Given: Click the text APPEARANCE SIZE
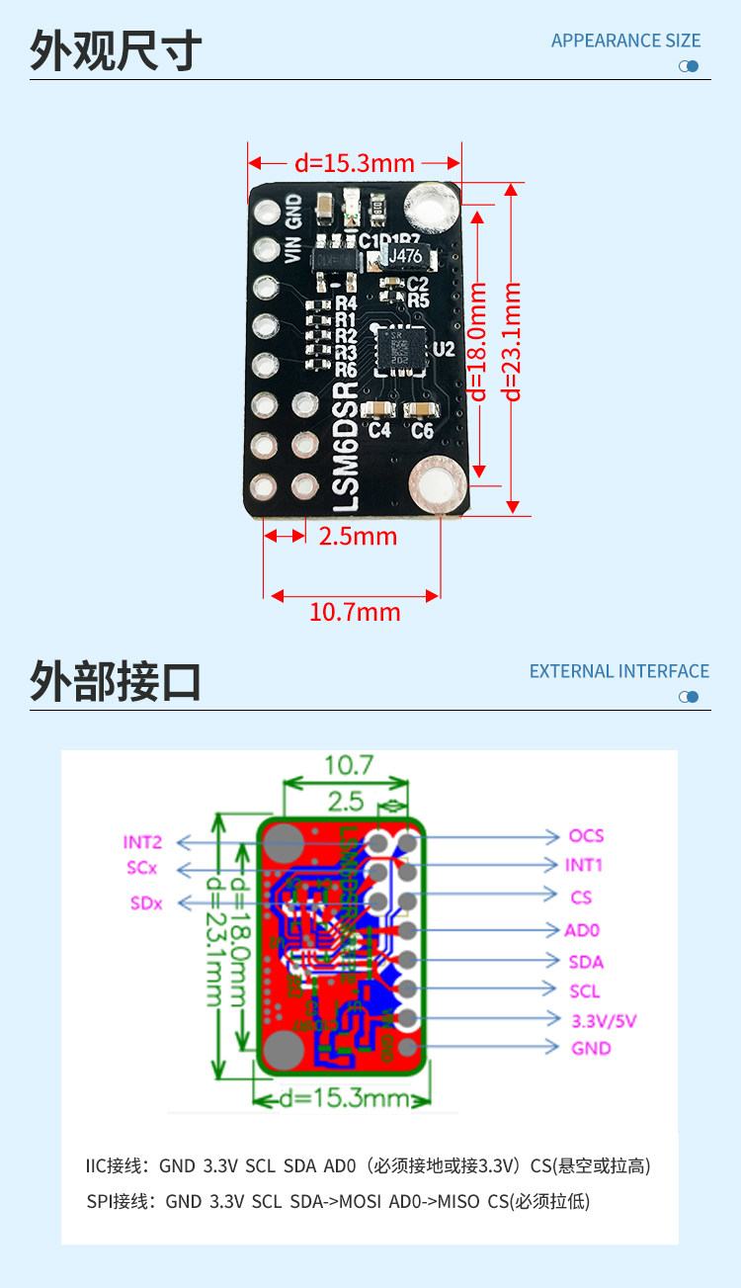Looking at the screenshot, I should click(625, 41).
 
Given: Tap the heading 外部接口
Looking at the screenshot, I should click(116, 681).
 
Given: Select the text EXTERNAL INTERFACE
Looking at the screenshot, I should click(619, 671).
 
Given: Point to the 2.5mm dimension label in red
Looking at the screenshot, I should click(358, 536).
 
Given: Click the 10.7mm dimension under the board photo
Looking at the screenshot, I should click(355, 612).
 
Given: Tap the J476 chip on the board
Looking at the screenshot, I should click(405, 256).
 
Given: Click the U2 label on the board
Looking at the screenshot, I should click(444, 349).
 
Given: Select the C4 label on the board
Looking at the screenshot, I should click(379, 431).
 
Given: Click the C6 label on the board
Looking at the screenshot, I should click(422, 431).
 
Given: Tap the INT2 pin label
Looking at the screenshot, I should click(142, 842).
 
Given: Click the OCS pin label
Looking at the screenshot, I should click(586, 836).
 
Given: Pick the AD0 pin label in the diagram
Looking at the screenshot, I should click(582, 930).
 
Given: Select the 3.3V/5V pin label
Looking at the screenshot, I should click(604, 1020).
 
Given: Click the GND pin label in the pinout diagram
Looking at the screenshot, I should click(591, 1048).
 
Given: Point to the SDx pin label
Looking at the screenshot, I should click(146, 902).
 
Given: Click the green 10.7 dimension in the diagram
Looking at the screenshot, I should click(349, 764).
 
